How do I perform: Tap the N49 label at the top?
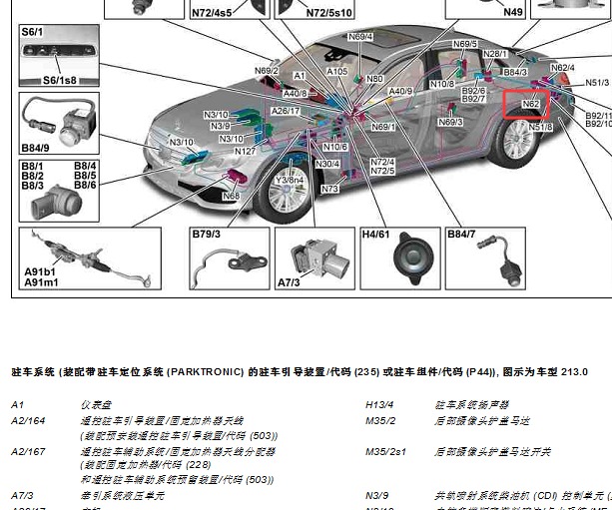[512, 12]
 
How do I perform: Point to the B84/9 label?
[36, 149]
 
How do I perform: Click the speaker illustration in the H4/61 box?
[409, 258]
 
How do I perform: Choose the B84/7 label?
[461, 235]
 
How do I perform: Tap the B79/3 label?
[207, 235]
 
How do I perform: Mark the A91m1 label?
[41, 282]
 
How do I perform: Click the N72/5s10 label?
[328, 13]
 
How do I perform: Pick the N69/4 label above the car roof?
[360, 37]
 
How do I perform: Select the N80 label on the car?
[374, 79]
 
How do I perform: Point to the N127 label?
[246, 152]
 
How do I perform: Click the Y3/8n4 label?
[289, 180]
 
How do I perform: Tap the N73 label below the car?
[329, 189]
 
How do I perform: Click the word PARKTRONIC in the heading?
[205, 372]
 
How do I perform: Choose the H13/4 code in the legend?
[380, 405]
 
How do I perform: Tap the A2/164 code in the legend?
[29, 421]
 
